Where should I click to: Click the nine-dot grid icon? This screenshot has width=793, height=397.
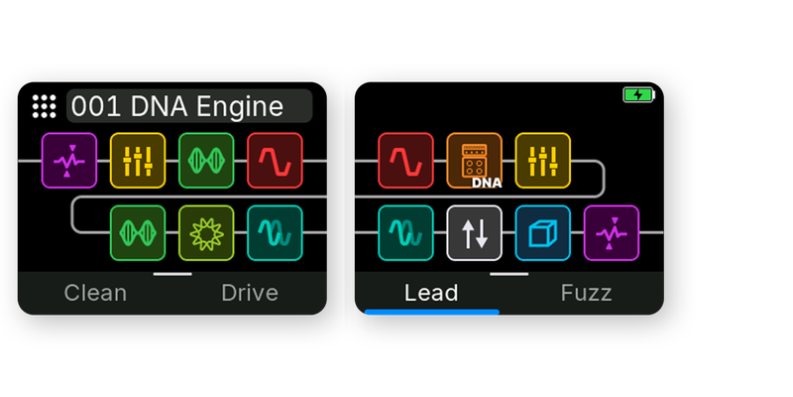(x=44, y=106)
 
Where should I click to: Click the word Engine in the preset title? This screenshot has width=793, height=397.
(x=240, y=107)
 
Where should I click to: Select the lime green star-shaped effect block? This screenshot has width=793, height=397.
(x=206, y=233)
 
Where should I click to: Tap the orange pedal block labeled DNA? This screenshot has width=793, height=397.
(x=475, y=161)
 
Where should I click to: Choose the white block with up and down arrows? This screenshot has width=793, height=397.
(x=475, y=233)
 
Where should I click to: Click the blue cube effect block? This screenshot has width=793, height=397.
(x=543, y=233)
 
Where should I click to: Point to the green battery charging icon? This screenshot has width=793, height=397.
(x=639, y=94)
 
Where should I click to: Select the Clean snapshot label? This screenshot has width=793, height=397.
(x=95, y=293)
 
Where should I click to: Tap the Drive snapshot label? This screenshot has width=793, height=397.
(x=250, y=293)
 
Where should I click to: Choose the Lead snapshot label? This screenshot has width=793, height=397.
(x=431, y=293)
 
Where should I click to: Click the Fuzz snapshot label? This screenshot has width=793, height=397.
(x=586, y=293)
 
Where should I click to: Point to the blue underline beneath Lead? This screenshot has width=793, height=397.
(x=432, y=312)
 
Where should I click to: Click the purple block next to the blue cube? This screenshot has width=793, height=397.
(x=612, y=233)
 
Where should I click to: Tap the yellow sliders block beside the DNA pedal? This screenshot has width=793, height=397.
(x=543, y=161)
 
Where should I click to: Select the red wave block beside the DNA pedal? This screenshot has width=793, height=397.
(x=405, y=161)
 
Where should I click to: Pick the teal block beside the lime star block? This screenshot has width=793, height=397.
(x=276, y=233)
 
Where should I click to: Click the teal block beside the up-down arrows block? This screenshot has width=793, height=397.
(x=405, y=233)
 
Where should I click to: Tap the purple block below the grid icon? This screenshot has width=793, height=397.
(x=69, y=161)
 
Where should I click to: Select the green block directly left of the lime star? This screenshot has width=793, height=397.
(x=138, y=233)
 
